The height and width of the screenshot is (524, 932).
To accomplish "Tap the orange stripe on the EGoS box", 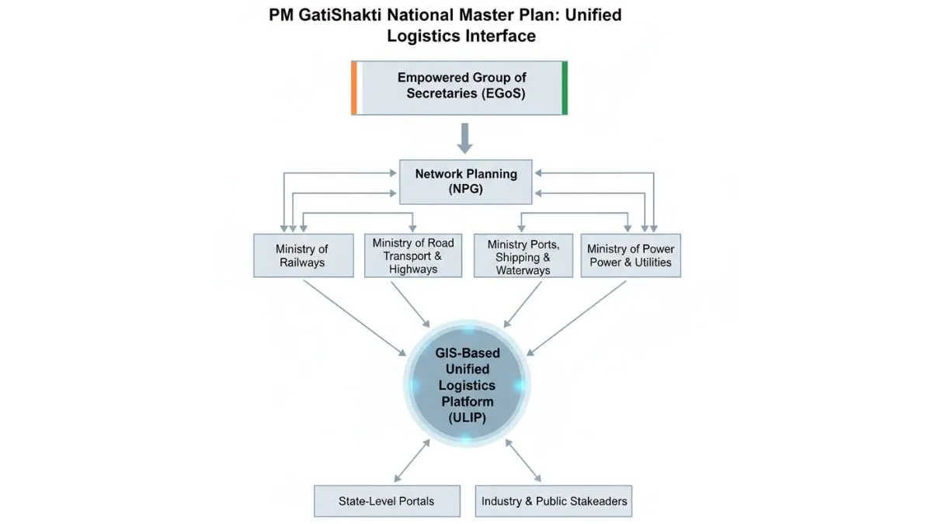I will coord(354,86).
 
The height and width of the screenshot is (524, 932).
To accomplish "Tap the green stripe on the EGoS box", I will coord(565,86).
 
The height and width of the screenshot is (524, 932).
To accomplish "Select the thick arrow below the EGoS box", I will coord(464,137).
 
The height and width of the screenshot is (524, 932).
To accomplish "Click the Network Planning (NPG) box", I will coord(465,181).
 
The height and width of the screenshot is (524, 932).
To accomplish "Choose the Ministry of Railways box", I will coord(301,255).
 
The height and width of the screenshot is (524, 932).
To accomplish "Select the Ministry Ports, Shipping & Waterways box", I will coord(522,255).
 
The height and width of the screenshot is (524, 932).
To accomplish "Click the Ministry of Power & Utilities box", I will coord(631,255).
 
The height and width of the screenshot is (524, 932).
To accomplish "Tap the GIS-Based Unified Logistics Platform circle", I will coord(464,385).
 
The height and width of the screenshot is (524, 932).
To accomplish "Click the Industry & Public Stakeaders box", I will coord(554,501).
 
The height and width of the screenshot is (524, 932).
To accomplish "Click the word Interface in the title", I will coord(498,36).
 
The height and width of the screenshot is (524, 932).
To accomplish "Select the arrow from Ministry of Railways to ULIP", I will coord(353,317).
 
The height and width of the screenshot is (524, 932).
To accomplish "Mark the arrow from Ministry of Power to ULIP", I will coord(579,317).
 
